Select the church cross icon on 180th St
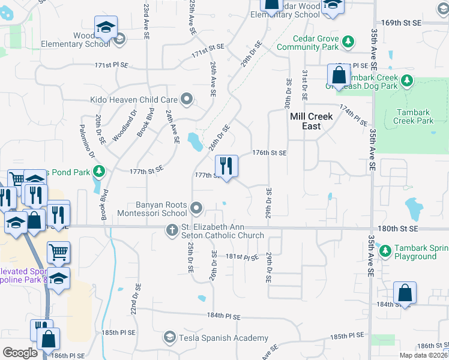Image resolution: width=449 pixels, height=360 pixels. pos(172,230)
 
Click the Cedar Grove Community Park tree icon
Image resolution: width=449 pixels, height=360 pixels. pos(347,41)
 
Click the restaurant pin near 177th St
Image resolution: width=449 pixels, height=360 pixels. pos(226,166)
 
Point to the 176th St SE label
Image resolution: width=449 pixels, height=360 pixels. pos(270,153)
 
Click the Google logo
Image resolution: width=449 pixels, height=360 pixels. pos(20,353)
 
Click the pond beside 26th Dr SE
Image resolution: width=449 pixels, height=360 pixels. pos(194,142)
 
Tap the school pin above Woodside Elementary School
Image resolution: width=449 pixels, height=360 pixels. pos(106,27)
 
